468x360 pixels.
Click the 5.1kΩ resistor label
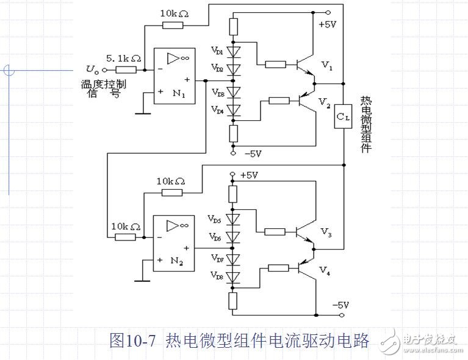(124, 59)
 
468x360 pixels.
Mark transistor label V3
(327, 232)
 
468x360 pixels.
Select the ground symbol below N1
(143, 112)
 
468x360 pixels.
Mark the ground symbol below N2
(143, 280)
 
